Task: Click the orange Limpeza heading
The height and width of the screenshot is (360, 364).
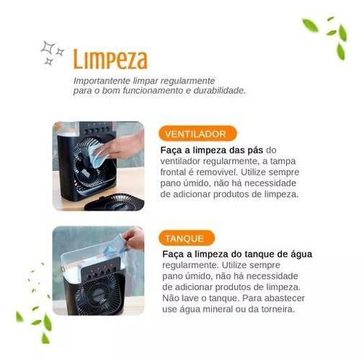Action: tap(110, 59)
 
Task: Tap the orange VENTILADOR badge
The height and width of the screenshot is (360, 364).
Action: tap(197, 134)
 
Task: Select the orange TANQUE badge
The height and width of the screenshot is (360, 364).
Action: tap(187, 238)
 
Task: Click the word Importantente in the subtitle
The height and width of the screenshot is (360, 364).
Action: tap(102, 81)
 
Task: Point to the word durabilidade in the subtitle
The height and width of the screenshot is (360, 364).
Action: tap(220, 91)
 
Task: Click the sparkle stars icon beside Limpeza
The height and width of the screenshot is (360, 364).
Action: tap(52, 53)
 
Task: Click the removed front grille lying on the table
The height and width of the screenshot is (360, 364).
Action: tap(115, 202)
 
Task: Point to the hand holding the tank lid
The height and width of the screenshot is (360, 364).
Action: tap(133, 238)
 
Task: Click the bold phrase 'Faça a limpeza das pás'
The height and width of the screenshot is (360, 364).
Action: tap(212, 150)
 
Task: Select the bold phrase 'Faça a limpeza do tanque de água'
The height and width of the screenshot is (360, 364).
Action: tap(237, 254)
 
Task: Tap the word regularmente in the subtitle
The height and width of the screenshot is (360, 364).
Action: tap(187, 81)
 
